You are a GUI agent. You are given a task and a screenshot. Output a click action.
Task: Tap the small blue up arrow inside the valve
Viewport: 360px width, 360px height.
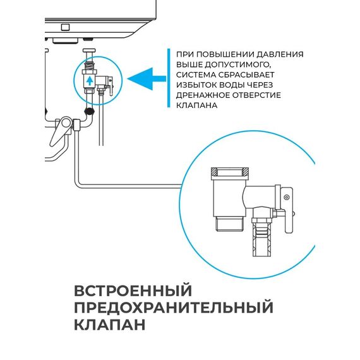tap(90, 81)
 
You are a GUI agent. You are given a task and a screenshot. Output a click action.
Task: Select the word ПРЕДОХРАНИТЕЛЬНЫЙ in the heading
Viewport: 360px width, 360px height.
tap(174, 308)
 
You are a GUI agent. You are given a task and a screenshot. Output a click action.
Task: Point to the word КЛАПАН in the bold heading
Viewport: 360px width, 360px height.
tap(109, 325)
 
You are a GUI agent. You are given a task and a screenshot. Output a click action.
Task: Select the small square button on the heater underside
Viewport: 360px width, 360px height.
tap(64, 27)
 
